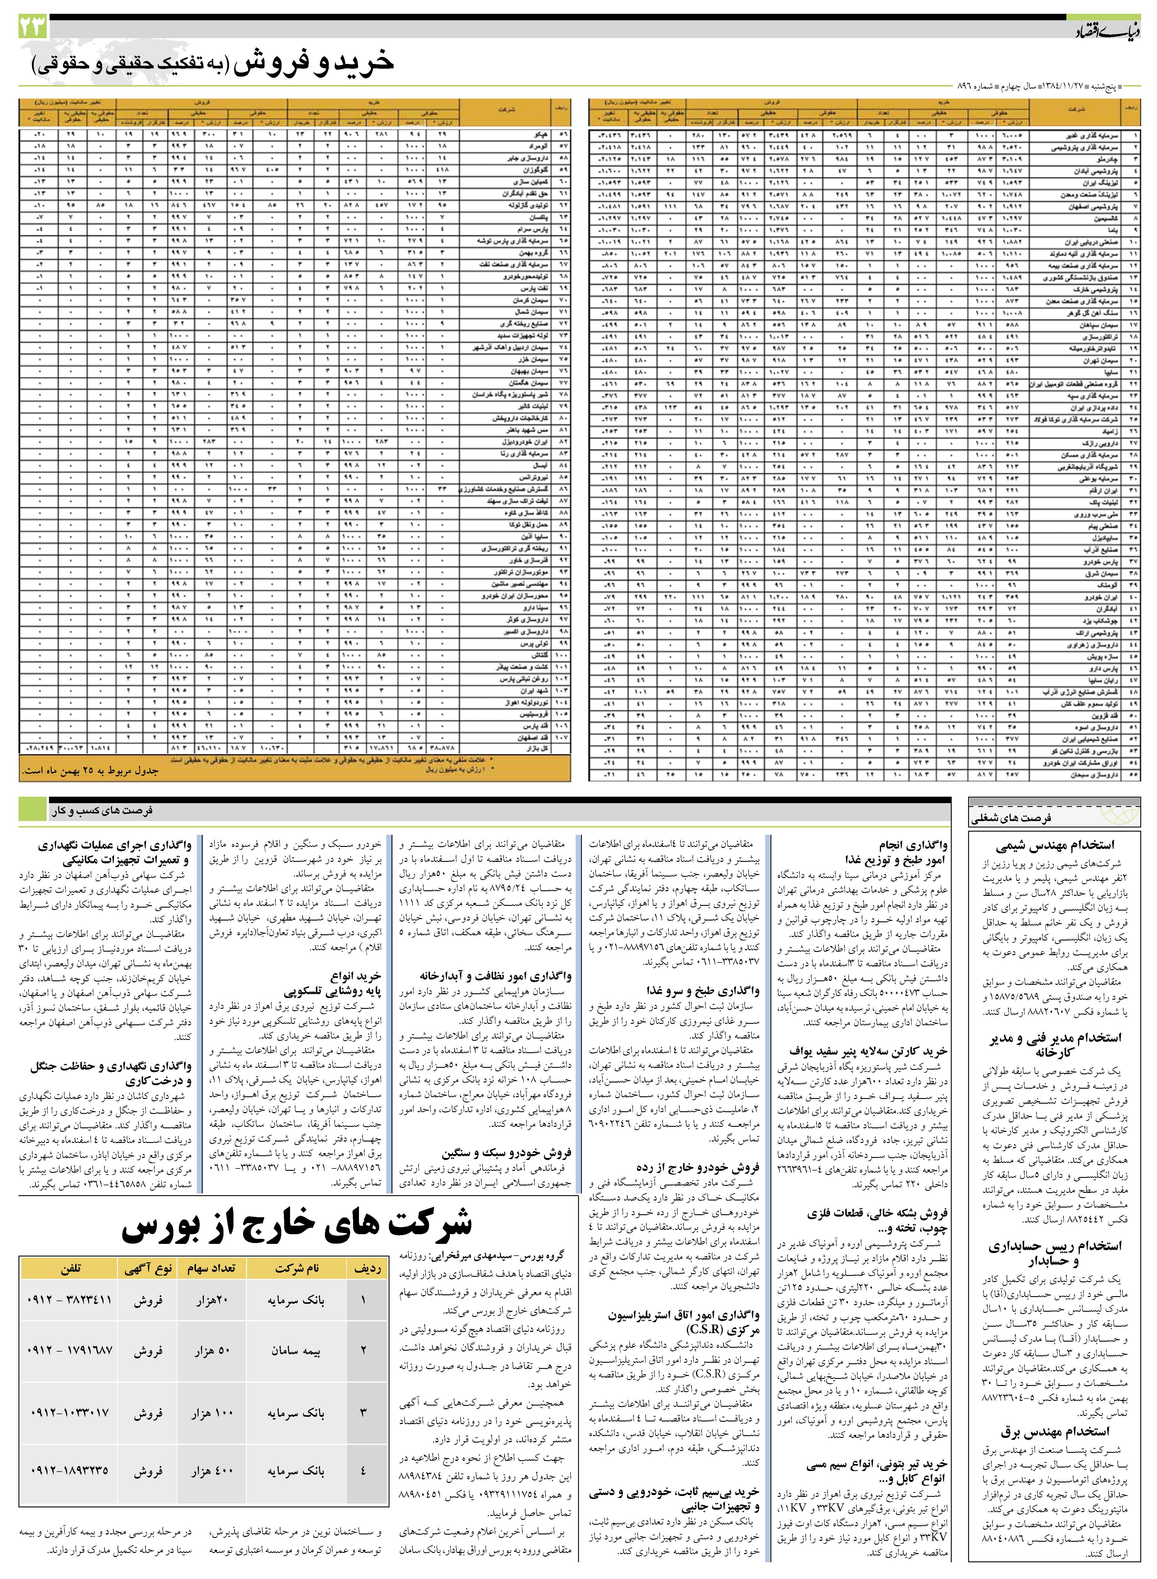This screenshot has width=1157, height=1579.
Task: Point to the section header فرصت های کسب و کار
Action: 101,810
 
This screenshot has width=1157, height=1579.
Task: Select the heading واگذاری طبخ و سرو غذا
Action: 702,991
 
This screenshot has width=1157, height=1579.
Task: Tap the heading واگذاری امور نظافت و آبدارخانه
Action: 496,976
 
